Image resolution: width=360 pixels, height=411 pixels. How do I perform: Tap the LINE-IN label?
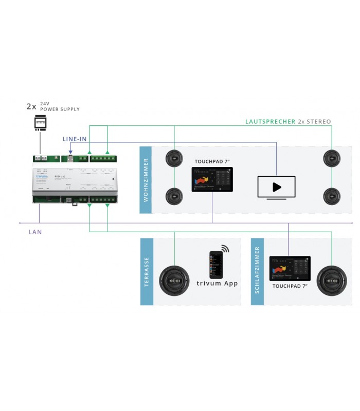[75, 139]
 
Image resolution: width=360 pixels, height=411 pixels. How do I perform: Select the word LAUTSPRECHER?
[270, 122]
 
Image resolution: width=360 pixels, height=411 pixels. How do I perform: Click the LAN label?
[35, 232]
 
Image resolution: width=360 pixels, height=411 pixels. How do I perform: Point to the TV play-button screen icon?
[276, 188]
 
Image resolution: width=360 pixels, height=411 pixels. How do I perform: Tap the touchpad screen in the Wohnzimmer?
[212, 179]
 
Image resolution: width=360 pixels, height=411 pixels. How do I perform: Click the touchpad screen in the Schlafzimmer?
[290, 268]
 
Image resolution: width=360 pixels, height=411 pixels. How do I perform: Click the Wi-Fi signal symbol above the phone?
[225, 249]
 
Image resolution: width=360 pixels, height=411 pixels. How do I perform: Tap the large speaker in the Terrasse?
[174, 281]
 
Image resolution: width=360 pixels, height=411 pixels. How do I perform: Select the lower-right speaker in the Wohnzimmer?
[332, 196]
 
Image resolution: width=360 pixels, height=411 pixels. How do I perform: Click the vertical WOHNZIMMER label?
[146, 179]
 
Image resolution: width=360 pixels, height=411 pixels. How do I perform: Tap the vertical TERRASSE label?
[146, 272]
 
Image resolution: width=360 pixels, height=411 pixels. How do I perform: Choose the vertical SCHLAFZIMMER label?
[257, 272]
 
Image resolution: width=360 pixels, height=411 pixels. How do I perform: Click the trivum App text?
[218, 283]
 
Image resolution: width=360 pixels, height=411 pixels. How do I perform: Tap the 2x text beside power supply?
[31, 107]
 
